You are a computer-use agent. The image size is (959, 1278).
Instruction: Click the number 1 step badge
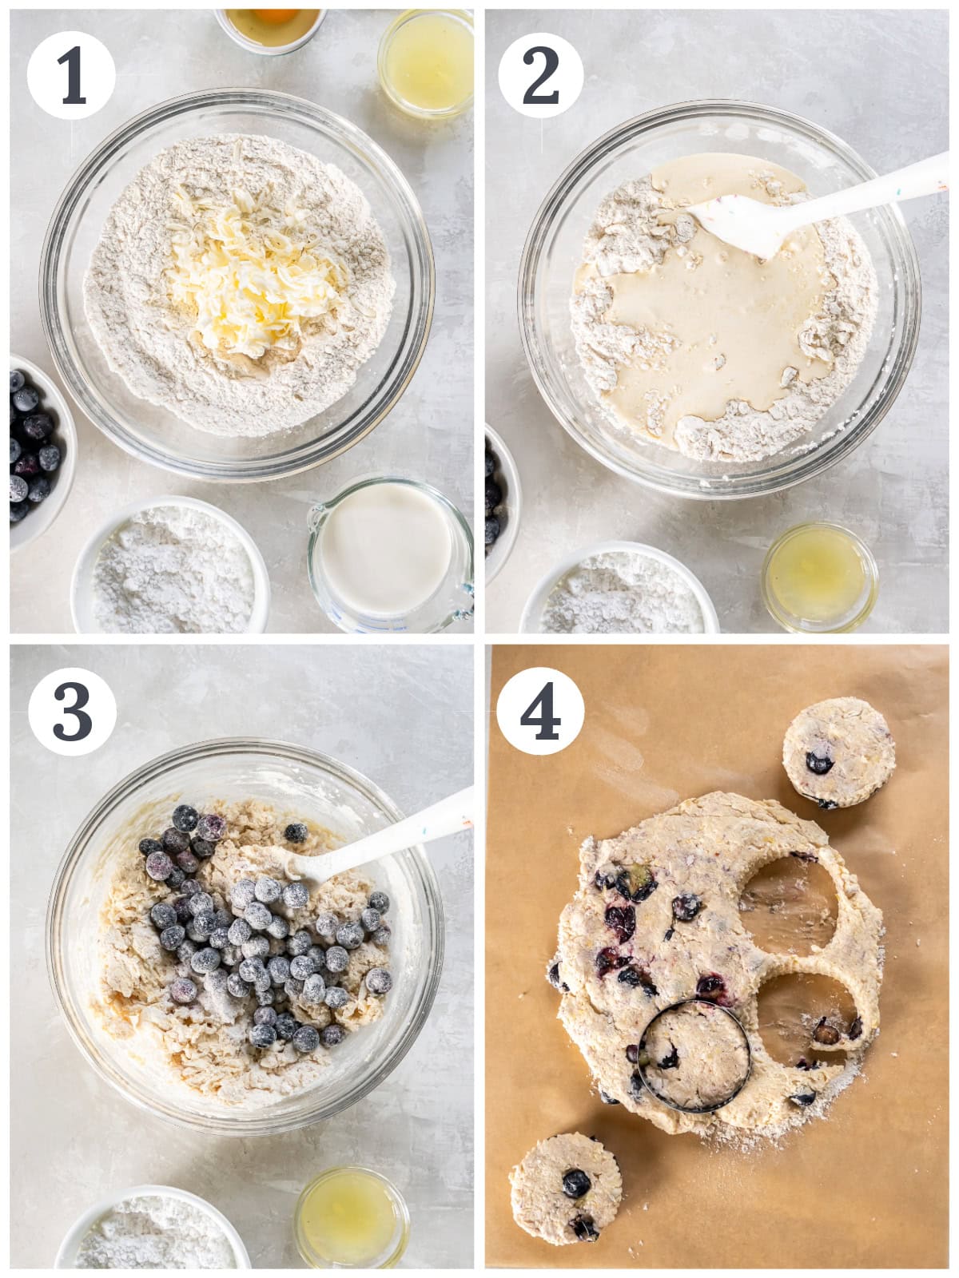click(71, 75)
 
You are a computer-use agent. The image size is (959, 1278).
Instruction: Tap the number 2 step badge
click(541, 75)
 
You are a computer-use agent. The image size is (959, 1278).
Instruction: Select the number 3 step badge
click(72, 712)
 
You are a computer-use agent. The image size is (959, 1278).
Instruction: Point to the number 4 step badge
click(540, 711)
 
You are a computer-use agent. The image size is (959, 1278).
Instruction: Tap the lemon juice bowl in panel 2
click(819, 577)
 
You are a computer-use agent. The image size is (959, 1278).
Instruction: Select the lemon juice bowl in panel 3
click(352, 1216)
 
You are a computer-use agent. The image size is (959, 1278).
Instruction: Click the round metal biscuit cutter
click(694, 1057)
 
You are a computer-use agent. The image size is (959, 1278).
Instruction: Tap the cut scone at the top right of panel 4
click(838, 753)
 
